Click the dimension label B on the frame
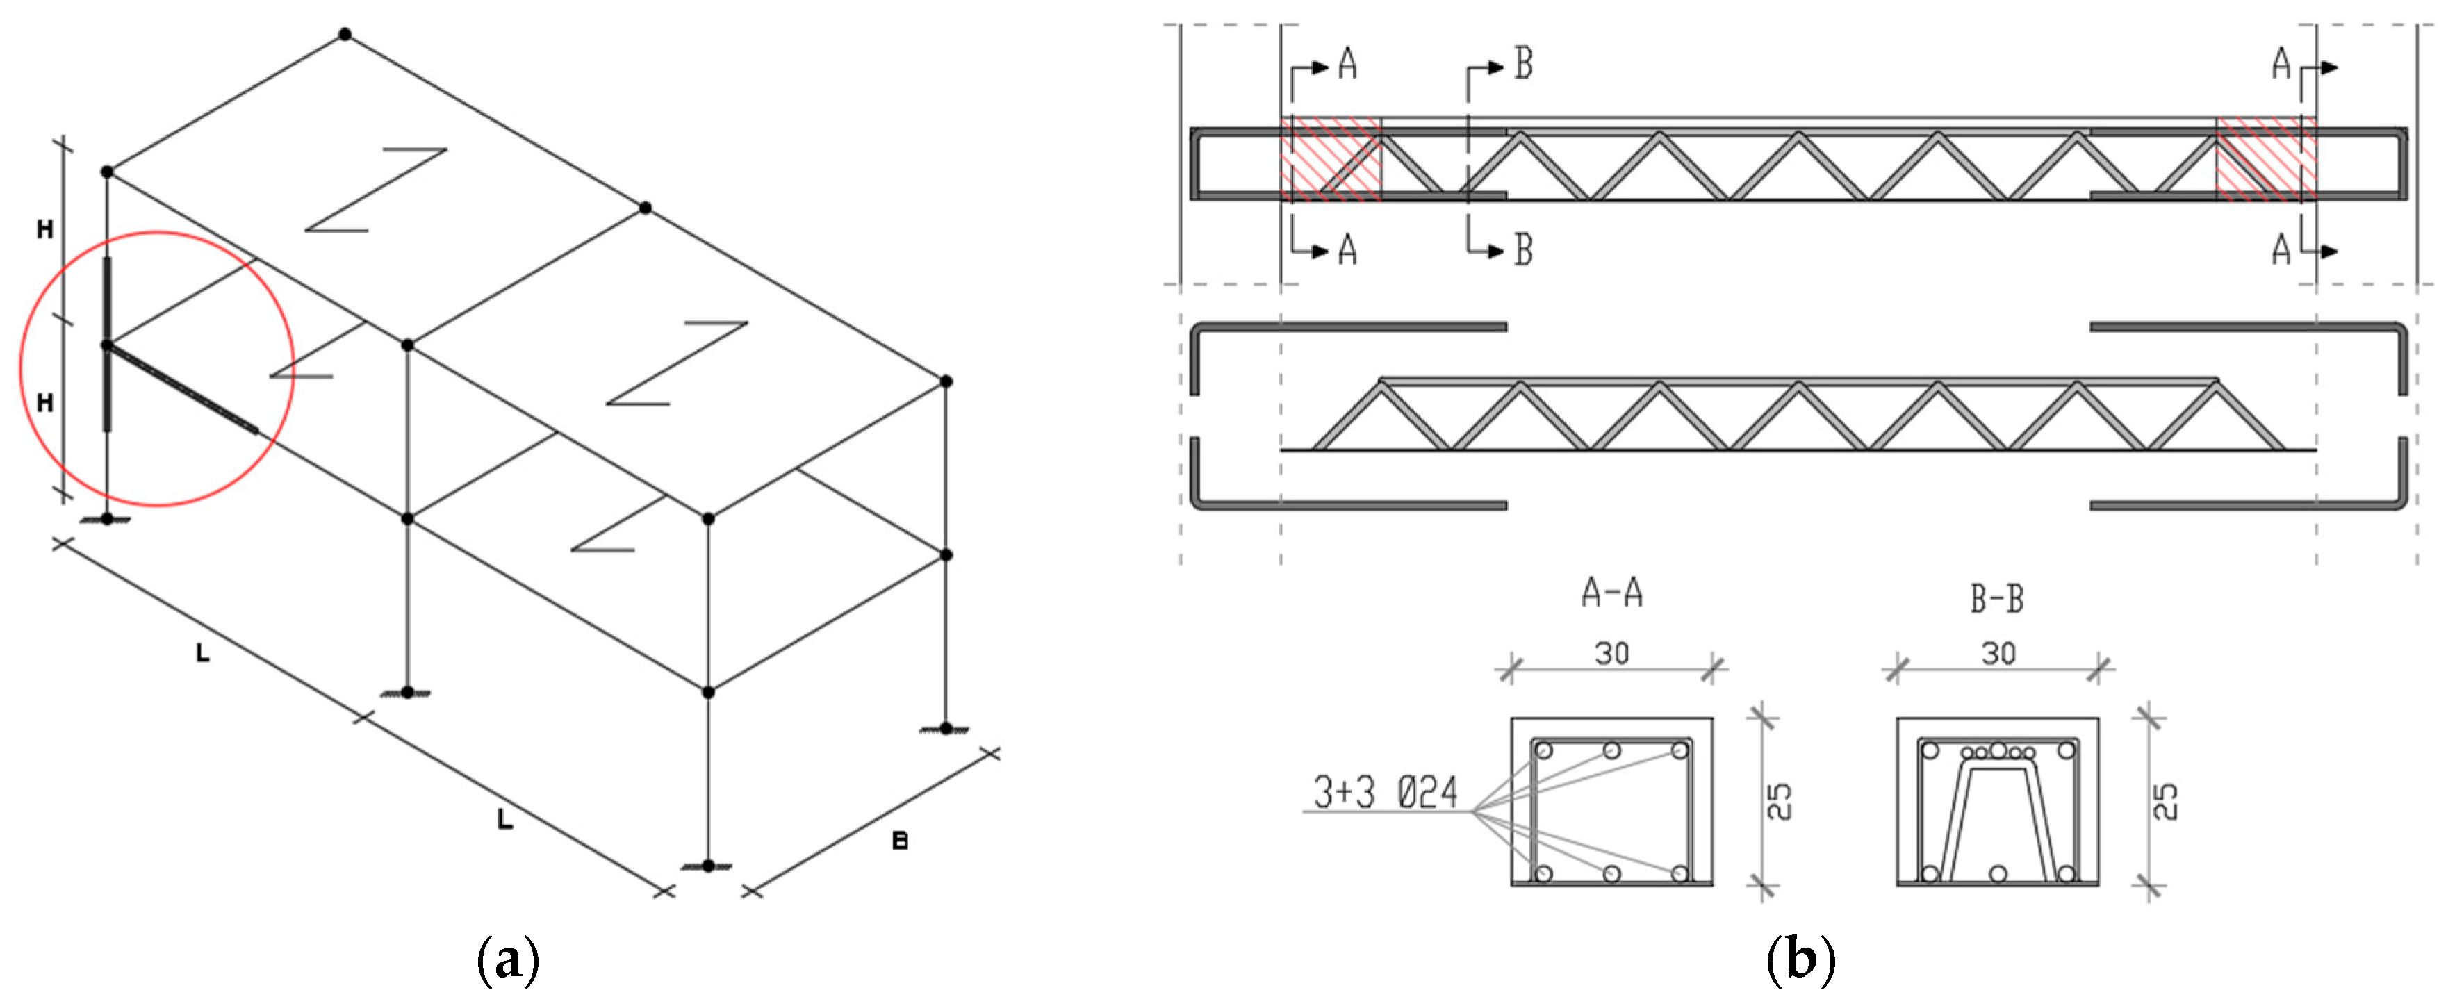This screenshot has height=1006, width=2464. point(899,841)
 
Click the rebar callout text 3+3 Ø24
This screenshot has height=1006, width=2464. point(1385,793)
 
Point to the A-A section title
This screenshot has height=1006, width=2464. point(1611,593)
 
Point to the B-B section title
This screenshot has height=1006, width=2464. point(1997,599)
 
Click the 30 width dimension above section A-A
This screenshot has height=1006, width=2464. point(1611,654)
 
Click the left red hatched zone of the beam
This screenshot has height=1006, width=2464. point(1331,160)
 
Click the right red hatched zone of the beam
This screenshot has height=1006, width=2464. point(2265,160)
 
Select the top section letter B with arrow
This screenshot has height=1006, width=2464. point(1522,65)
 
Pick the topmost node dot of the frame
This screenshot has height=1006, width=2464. point(345,35)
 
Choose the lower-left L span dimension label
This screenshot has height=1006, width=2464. point(202,654)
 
